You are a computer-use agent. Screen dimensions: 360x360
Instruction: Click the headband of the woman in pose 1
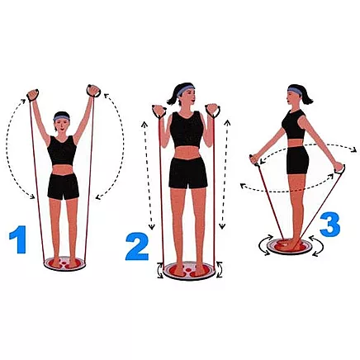[x=63, y=119]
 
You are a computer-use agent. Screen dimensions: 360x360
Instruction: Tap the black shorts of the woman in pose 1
[x=63, y=186]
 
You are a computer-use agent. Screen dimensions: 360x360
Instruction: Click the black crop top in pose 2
[x=187, y=130]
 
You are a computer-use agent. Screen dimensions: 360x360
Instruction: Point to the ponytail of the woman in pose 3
[x=307, y=97]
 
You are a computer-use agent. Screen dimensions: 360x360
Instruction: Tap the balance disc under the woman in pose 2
[x=187, y=271]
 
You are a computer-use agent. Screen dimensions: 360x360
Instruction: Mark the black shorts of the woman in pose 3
[x=296, y=160]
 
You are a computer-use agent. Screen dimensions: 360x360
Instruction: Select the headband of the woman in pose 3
[x=295, y=88]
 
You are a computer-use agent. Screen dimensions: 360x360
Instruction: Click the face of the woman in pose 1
[x=63, y=127]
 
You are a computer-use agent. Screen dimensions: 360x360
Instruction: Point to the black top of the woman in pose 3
[x=292, y=124]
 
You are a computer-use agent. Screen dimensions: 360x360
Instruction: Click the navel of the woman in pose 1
[x=63, y=171]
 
